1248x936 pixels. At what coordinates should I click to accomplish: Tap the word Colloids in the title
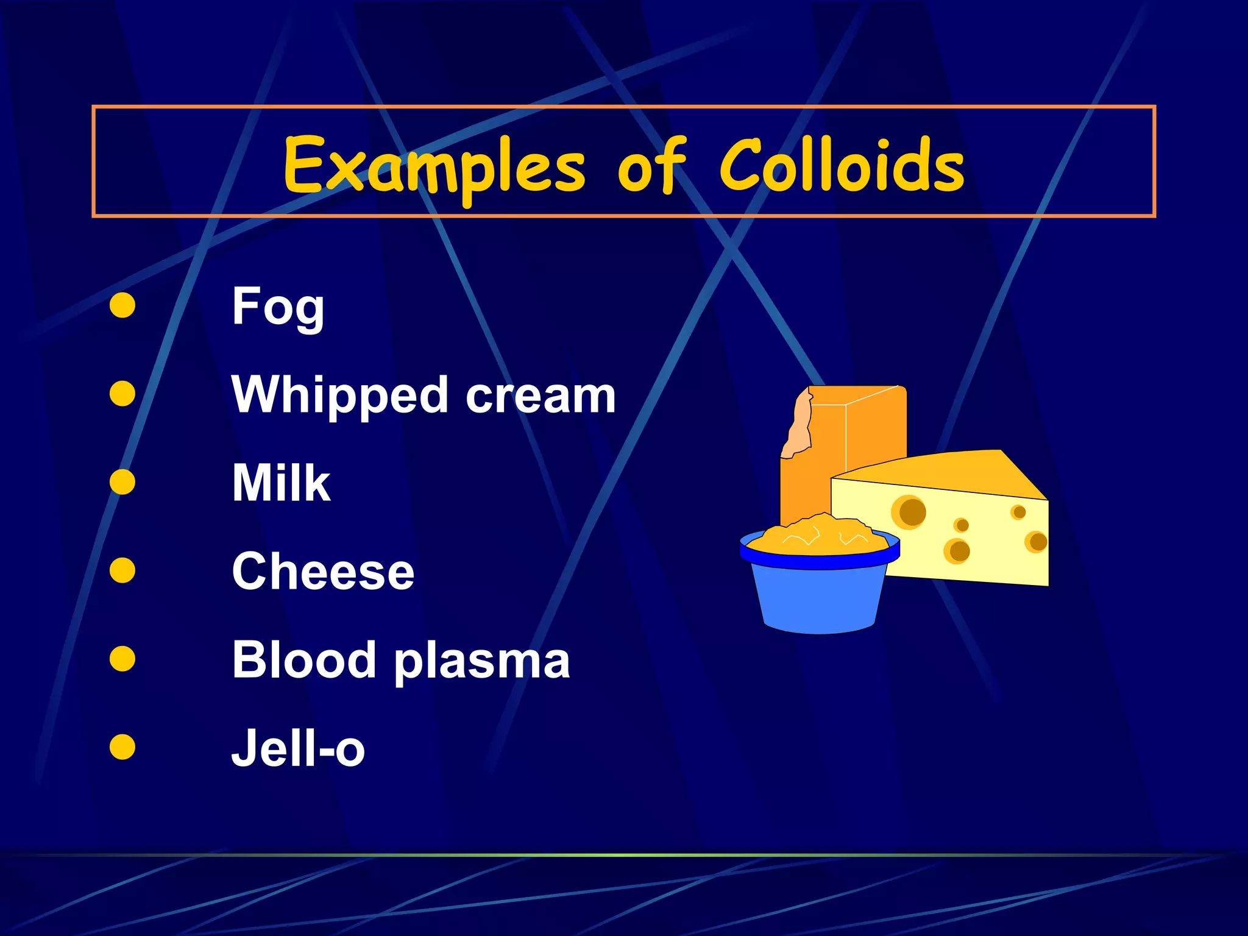pos(842,165)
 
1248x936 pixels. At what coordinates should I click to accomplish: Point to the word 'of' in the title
pos(651,165)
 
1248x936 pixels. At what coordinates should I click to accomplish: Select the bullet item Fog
pos(278,308)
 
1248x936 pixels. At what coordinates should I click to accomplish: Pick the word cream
pos(541,396)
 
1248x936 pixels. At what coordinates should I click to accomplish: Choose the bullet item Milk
pos(281,483)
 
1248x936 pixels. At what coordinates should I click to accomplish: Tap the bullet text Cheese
pos(323,572)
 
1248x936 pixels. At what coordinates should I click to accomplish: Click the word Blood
pos(303,659)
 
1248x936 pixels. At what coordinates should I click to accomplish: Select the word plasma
pos(481,662)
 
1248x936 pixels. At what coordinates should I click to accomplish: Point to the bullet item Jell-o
pos(298,749)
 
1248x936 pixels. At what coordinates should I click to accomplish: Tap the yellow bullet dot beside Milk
pos(122,481)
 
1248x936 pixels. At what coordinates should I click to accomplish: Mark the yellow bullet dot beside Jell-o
pos(122,747)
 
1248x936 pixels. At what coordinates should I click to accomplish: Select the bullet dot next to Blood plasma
pos(122,659)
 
